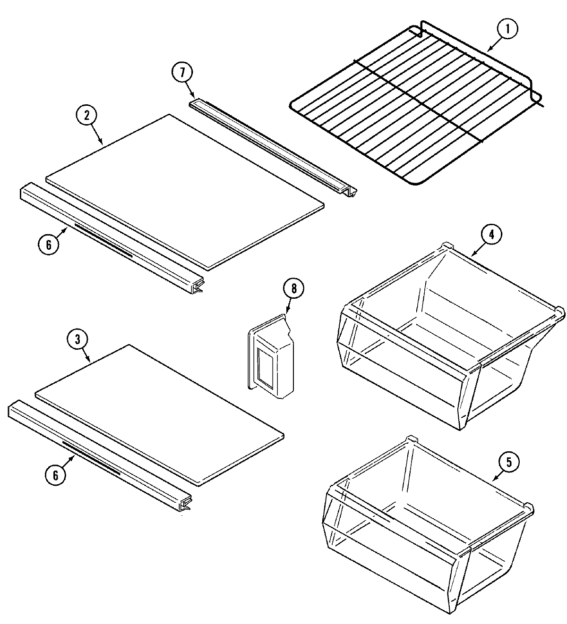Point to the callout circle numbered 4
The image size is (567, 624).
tap(491, 235)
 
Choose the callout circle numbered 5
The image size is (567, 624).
tap(508, 462)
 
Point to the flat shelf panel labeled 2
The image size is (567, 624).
tap(184, 189)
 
